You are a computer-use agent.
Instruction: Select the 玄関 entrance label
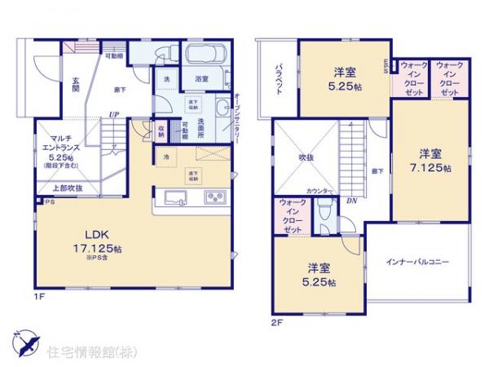click(74, 85)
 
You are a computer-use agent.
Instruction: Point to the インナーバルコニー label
click(417, 262)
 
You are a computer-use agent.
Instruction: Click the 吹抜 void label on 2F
click(306, 157)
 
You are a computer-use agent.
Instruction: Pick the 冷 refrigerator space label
click(165, 157)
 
